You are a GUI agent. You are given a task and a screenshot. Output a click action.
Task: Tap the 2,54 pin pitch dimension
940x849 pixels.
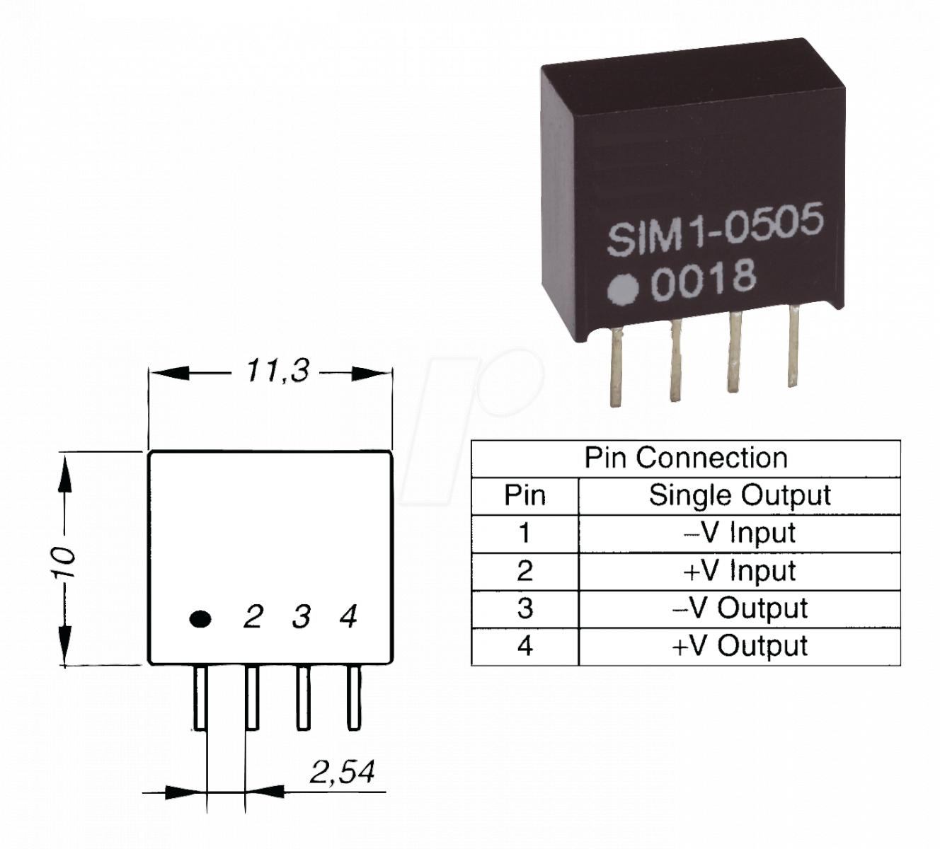pos(342,773)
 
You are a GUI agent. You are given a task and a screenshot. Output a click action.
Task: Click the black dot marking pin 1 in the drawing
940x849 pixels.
pos(200,619)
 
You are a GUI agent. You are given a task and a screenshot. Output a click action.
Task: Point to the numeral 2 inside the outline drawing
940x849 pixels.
pos(253,617)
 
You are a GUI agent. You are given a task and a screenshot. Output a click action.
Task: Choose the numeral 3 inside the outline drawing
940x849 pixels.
pos(302,617)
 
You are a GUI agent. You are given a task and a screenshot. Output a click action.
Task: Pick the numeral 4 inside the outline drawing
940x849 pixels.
pos(348,617)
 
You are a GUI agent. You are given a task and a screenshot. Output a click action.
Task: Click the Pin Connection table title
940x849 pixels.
pos(685,458)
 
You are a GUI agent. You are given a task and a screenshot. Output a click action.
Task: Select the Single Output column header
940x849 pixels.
pos(739,495)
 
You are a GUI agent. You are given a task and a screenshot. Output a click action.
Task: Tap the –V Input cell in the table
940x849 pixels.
pos(739,533)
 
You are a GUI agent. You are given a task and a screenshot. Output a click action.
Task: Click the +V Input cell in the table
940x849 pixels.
pos(739,570)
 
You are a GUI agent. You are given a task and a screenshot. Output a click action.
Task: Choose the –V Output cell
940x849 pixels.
pos(739,608)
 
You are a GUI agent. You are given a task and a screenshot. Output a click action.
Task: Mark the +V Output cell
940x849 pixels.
pos(739,646)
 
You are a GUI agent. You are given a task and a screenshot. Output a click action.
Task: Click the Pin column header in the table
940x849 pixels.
pos(525,495)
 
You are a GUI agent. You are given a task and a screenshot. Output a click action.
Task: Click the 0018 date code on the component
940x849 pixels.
pos(703,279)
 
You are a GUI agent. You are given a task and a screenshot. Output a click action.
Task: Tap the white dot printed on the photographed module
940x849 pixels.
pos(624,289)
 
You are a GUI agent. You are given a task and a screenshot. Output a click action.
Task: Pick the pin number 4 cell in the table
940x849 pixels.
pos(525,646)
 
